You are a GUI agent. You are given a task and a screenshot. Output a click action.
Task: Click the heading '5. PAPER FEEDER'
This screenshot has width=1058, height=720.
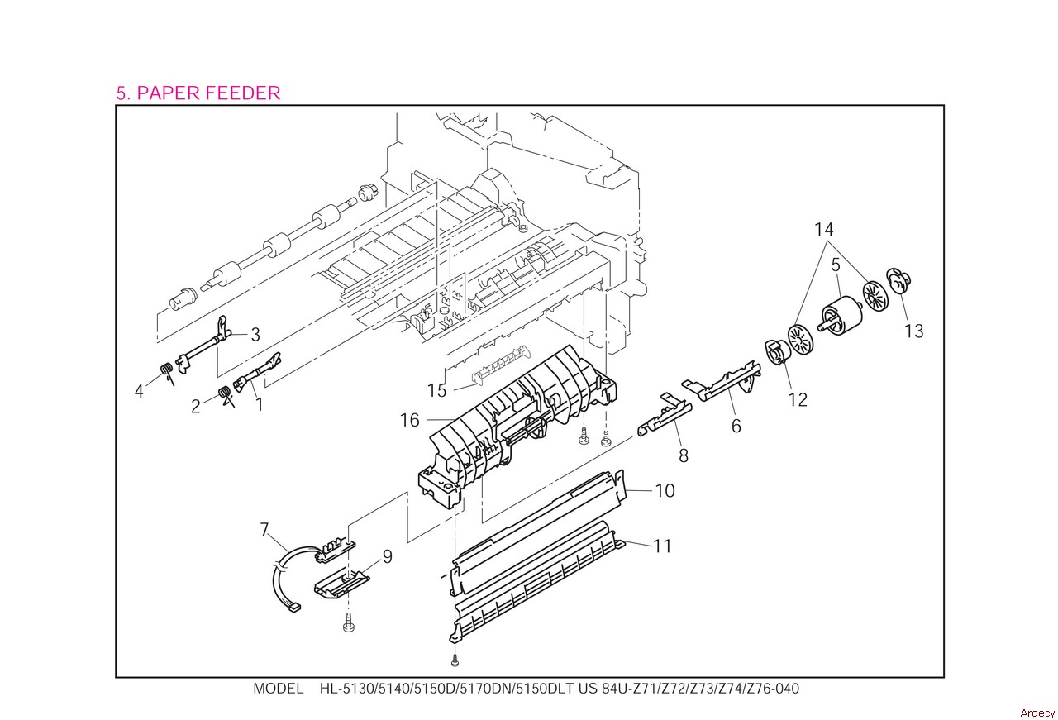[198, 93]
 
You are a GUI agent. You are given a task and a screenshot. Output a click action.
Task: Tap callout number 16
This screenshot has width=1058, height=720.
[410, 420]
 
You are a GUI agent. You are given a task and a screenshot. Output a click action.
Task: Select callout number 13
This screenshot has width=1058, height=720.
[913, 331]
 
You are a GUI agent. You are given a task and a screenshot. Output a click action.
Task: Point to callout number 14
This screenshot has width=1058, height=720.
[823, 230]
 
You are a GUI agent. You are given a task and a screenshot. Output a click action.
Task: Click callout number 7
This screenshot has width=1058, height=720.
[264, 529]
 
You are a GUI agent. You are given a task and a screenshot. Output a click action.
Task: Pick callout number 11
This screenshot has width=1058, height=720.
[662, 546]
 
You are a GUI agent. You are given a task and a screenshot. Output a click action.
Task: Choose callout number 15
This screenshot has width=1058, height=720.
[436, 390]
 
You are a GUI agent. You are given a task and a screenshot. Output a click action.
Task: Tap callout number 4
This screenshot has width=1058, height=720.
[139, 390]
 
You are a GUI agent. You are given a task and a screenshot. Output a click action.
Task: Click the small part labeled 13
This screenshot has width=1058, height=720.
[895, 281]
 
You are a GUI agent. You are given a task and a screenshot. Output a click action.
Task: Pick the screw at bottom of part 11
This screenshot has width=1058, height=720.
[455, 660]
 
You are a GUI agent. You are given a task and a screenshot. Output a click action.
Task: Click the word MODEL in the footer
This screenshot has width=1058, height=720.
[278, 689]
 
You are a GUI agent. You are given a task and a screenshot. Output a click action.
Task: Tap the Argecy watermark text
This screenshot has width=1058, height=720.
[1037, 713]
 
